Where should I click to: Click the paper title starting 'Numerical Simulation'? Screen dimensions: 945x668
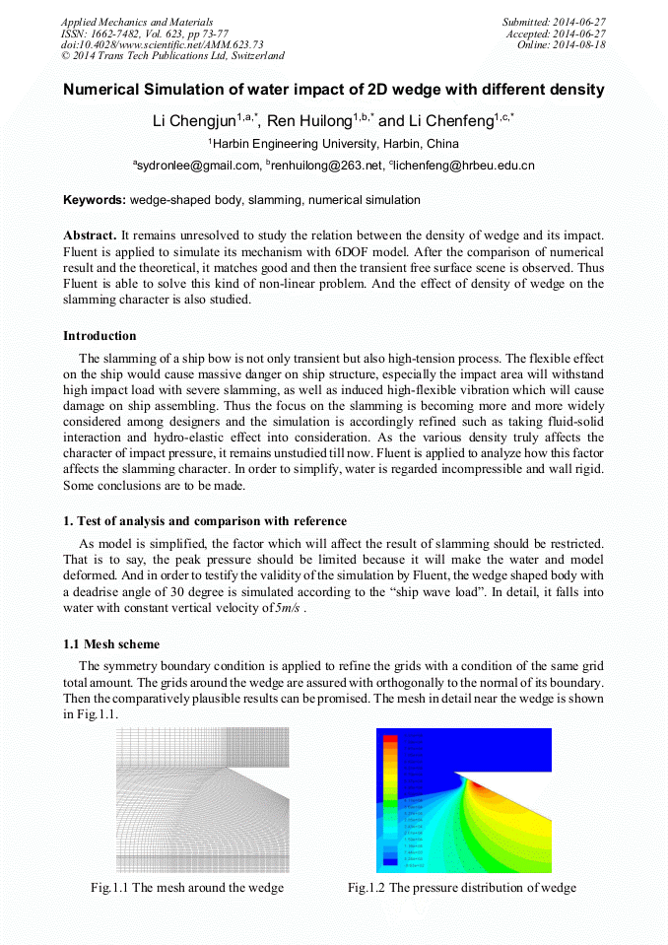coord(333,90)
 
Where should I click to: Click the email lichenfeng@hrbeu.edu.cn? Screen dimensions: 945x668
coord(464,166)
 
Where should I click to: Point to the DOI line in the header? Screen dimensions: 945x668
coord(162,44)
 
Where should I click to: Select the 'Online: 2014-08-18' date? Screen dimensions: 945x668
coord(561,44)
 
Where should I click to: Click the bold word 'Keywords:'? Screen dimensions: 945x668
coord(95,200)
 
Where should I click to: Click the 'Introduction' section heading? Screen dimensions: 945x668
coord(100,336)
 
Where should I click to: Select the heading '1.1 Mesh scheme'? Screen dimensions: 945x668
coord(111,643)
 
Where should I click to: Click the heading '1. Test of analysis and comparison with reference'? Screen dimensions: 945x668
coord(205,520)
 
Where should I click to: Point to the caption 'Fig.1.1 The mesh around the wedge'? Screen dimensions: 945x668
coord(187,888)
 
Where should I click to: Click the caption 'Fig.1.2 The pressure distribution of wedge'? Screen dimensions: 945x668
coord(461,888)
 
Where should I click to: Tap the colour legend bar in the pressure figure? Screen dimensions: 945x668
coord(390,798)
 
